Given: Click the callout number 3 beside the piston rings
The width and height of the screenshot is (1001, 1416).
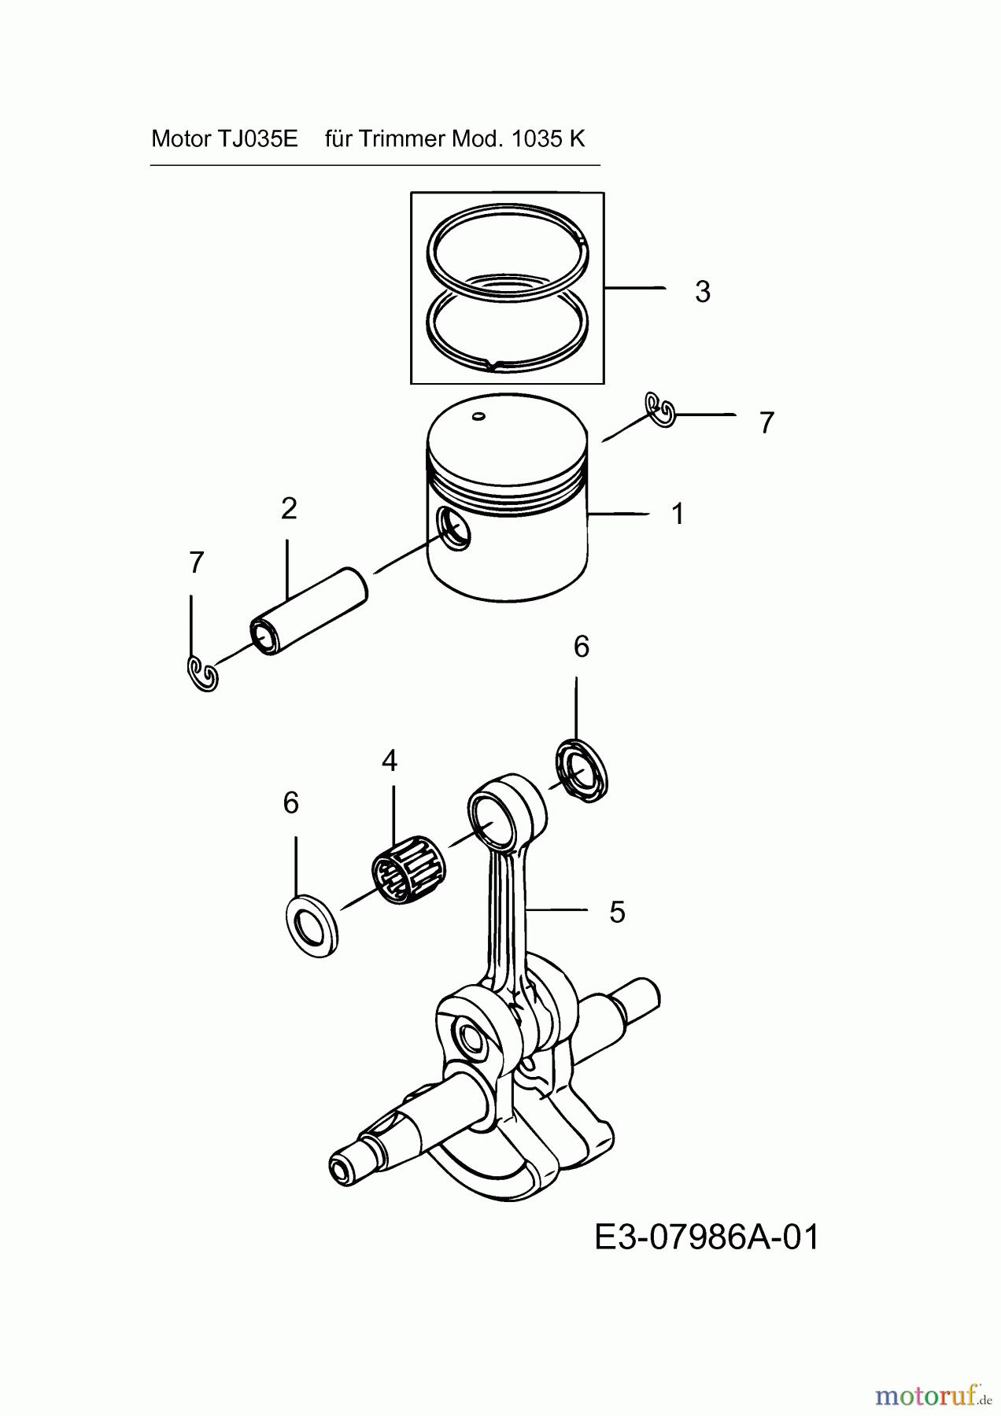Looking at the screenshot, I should (702, 292).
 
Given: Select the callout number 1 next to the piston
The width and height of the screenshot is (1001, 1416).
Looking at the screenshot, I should (677, 514).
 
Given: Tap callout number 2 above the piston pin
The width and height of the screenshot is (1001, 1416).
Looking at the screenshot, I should (289, 509).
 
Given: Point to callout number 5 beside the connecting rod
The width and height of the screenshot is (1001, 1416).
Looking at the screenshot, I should (617, 913).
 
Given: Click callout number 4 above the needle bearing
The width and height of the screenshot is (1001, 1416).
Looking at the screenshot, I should (390, 761).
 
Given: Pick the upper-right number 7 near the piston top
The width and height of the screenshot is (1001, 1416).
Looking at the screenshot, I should (766, 423).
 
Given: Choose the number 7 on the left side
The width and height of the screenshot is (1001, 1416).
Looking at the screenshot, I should (197, 563).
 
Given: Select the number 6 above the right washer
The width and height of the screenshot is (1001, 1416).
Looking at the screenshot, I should (581, 647).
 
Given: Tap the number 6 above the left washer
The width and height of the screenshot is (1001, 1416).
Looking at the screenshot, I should (291, 803).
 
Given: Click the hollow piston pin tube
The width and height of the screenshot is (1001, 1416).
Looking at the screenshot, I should (309, 610).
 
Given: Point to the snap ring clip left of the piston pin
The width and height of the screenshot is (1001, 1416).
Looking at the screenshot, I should (203, 674).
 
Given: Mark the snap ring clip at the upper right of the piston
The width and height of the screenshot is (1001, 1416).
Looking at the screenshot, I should (660, 409).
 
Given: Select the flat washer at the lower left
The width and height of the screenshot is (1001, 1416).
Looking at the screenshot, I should (312, 925).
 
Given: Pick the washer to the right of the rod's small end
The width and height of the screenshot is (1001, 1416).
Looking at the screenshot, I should (582, 771).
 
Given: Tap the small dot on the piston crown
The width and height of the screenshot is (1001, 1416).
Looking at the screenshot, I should (477, 416).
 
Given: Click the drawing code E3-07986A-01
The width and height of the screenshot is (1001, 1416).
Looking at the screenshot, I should (706, 1237).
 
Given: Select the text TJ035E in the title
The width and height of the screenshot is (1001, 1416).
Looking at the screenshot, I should (257, 139).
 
